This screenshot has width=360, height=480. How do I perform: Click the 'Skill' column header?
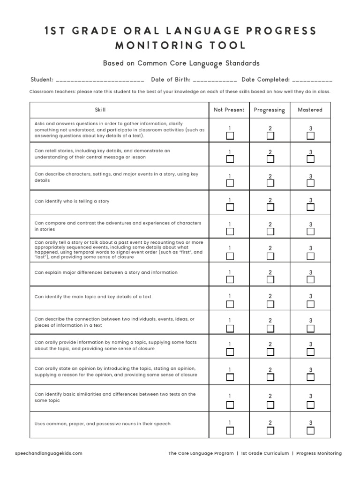pos(100,110)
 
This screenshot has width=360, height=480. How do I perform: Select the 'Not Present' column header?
pos(229,110)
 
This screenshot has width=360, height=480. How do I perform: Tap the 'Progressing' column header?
pos(270,110)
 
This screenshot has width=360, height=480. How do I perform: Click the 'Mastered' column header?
pos(310,110)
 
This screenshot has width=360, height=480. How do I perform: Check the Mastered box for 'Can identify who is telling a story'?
pos(310,207)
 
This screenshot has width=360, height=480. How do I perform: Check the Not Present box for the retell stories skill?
pos(230,159)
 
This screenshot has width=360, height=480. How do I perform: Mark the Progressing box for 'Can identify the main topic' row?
pos(270,304)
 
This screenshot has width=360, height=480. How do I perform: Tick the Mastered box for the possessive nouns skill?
pos(310,431)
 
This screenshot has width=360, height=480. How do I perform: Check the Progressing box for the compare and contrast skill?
pos(270,232)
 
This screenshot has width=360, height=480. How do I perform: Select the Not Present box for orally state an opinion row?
pos(230,377)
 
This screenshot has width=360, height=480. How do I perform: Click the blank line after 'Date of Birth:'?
pos(215,80)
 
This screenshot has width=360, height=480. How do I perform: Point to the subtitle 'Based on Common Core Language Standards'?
pos(181,63)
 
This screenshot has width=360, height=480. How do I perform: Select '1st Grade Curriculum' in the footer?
pos(265,453)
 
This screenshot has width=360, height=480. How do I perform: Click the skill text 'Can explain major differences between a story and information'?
pos(106,272)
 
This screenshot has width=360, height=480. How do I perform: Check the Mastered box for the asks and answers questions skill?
pos(310,136)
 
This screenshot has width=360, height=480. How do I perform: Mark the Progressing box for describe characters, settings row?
pos(270,183)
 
